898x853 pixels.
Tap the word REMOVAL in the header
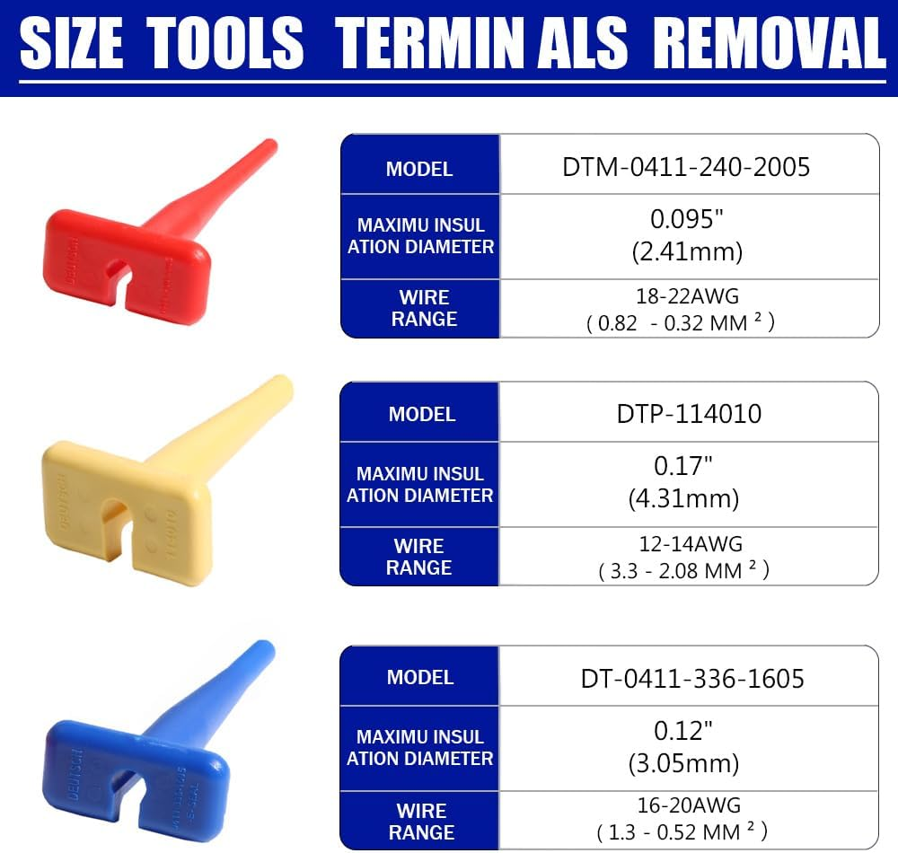[770, 42]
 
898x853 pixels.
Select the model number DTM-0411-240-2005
[686, 166]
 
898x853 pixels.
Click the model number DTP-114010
[689, 413]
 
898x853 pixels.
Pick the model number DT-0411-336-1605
[692, 678]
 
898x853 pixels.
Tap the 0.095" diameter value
[686, 218]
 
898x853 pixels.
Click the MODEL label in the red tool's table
[419, 169]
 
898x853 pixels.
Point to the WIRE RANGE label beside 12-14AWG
[419, 557]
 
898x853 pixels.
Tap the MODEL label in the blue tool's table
[420, 677]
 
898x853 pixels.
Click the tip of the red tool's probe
[269, 145]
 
